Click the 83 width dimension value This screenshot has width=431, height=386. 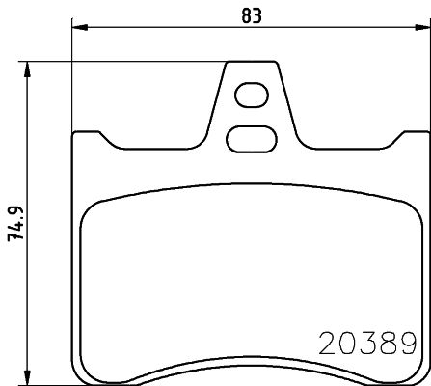click(251, 14)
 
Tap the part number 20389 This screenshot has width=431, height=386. click(366, 344)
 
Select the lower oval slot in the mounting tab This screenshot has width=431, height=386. click(250, 138)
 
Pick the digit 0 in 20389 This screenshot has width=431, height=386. click(347, 344)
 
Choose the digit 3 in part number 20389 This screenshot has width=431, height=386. click(367, 344)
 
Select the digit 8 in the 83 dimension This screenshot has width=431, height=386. click(244, 14)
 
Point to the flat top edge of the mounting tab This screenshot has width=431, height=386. click(254, 64)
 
